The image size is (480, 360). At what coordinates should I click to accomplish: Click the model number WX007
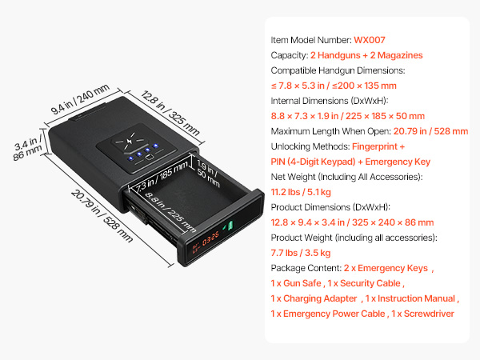coord(370,40)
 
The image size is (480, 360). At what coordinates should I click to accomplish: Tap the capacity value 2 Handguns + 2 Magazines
coord(366,55)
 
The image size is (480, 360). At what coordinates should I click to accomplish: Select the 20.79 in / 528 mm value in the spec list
coord(430,131)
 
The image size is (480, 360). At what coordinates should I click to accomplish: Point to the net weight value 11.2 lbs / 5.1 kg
coord(301,192)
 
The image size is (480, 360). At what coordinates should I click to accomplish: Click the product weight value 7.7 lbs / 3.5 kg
coord(301,253)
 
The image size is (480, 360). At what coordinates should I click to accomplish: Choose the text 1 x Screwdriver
coord(422,314)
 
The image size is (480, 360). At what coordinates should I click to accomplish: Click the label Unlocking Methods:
coord(310,146)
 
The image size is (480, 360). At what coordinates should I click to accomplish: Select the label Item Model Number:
coord(311,40)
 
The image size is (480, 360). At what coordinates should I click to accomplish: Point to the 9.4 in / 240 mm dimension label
coord(80,99)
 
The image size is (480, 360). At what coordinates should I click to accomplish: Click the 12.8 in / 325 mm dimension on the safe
coord(170,113)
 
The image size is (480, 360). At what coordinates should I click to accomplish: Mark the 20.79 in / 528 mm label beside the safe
coord(102,216)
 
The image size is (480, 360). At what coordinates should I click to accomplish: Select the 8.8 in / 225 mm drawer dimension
coord(170,212)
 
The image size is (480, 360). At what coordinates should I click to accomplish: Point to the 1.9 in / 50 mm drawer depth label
coord(208,174)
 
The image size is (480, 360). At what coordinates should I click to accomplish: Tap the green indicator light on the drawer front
coord(229,226)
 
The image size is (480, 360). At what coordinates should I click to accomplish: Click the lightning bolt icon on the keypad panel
coord(129,141)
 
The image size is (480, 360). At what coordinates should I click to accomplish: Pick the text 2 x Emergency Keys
coord(386,268)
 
